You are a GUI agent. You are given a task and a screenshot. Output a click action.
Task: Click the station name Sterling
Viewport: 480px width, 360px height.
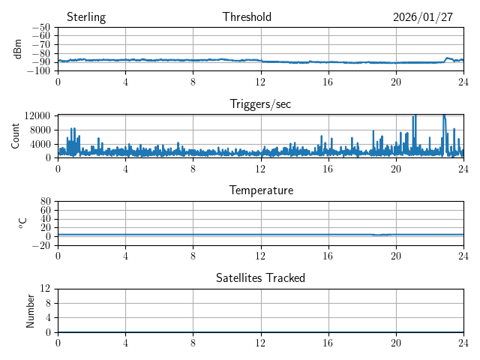pos(86,17)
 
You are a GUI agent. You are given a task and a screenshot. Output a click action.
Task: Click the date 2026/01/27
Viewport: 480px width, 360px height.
pos(423,17)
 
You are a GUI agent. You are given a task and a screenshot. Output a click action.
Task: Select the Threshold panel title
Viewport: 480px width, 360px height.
pos(247,17)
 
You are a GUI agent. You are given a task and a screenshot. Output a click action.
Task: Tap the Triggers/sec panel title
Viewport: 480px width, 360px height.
pos(260,104)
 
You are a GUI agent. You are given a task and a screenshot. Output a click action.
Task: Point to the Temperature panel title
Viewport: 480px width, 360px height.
pos(260,191)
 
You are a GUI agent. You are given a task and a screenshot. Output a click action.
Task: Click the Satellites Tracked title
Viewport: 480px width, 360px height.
pos(260,278)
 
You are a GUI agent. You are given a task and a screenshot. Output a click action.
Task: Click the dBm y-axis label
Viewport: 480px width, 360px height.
pos(19,49)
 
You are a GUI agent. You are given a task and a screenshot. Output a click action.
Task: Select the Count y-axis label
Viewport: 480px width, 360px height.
pos(16,136)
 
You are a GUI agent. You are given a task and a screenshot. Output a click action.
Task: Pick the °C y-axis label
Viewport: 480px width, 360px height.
pos(22,223)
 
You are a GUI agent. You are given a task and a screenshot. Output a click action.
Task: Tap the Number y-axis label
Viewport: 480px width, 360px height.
pos(31,310)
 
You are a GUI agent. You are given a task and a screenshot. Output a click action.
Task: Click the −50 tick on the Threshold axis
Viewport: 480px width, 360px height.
pos(40,27)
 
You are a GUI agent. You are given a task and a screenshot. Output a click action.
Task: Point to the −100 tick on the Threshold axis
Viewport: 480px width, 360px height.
pos(38,70)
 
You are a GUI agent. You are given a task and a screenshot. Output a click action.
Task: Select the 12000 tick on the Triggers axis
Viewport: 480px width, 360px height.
pos(37,115)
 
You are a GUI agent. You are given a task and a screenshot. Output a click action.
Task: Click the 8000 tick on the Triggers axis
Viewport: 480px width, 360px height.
pos(40,130)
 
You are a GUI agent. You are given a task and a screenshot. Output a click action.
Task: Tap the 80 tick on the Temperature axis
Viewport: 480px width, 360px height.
pos(46,202)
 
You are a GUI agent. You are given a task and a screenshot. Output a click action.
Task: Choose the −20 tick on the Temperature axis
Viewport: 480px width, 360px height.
pos(43,245)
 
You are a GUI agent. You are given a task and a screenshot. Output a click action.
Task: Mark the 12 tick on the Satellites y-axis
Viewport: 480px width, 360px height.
pos(46,289)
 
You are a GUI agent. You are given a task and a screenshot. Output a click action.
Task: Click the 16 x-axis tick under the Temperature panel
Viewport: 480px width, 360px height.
pos(328,256)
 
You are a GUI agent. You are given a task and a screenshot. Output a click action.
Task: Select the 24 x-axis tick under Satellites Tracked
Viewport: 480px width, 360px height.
pos(463,343)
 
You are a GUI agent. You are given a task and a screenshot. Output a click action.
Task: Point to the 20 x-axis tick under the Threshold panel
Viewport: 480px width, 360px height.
pos(396,82)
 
